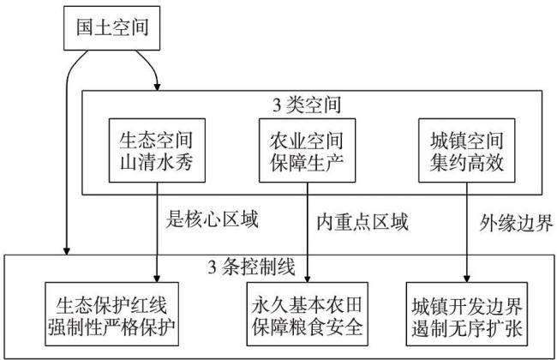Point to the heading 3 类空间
point(307,105)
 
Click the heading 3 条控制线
point(251,267)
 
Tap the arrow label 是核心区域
point(212,219)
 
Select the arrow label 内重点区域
point(362,222)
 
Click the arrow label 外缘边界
point(516,223)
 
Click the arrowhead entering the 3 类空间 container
point(157,87)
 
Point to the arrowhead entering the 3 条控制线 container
point(66,251)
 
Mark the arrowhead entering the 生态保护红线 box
point(157,279)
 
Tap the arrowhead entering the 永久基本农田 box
point(308,279)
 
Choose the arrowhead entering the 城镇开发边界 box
point(467,279)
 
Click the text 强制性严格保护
point(111,327)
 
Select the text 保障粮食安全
point(308,327)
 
